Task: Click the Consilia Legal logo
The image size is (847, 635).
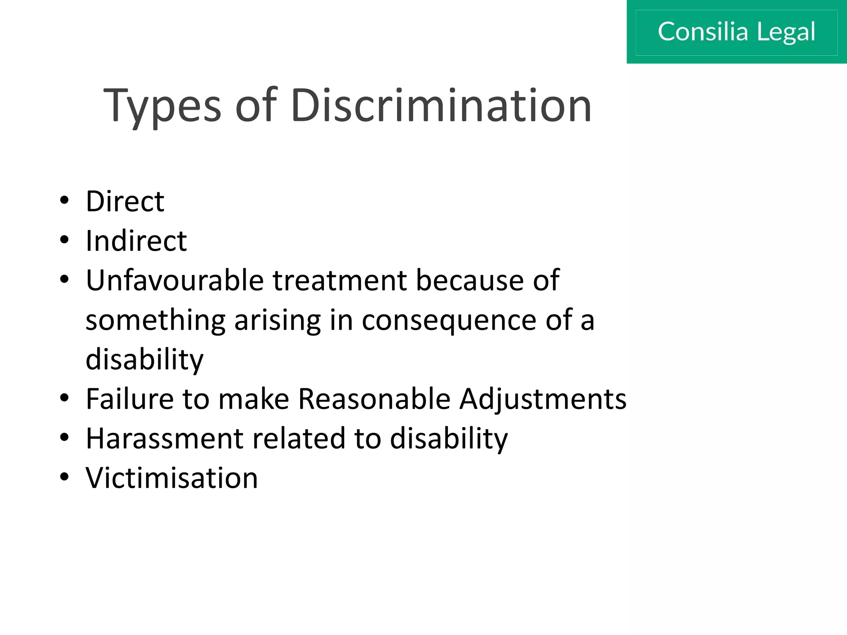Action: click(x=736, y=32)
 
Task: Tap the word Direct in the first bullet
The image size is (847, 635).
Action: click(x=125, y=201)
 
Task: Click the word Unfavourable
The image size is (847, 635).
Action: click(x=175, y=280)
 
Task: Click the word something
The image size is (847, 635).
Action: click(x=155, y=320)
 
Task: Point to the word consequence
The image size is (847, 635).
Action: click(x=449, y=320)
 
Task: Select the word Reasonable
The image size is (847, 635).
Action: click(x=374, y=399)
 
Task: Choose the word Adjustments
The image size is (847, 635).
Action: click(x=543, y=399)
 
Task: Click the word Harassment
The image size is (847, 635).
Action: click(x=164, y=438)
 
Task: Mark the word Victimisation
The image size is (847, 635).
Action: click(x=172, y=478)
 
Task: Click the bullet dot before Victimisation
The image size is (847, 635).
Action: click(x=64, y=477)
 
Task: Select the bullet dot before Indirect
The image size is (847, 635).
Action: click(x=64, y=240)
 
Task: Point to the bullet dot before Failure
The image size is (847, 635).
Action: click(x=64, y=398)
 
